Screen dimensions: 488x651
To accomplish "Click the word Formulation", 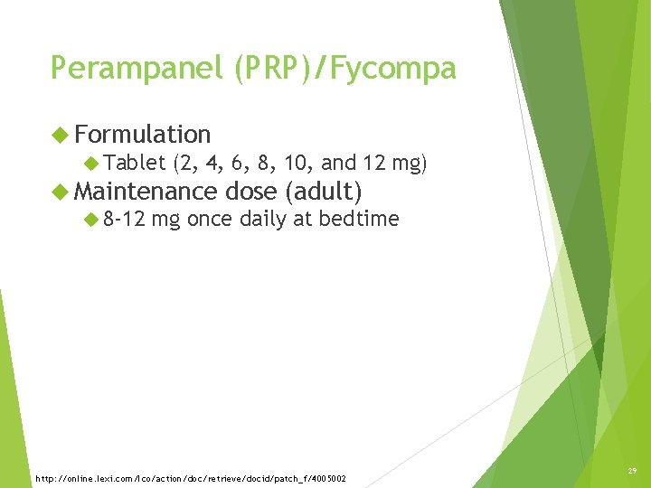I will tap(143, 135).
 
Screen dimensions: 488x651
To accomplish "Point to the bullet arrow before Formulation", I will tap(61, 135).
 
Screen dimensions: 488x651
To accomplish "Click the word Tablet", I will tap(134, 164).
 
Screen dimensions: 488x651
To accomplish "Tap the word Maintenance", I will tap(146, 192).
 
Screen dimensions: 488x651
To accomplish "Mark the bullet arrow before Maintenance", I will tap(61, 192).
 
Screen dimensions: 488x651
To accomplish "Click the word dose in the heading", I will tap(251, 192).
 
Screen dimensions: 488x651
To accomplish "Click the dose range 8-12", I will tap(124, 220).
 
